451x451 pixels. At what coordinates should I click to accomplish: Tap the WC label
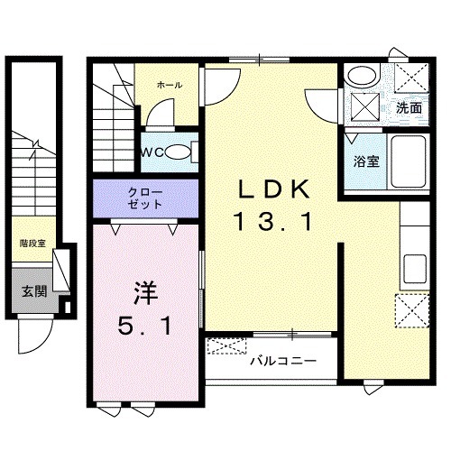tap(151, 152)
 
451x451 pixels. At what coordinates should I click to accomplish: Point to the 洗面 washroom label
tap(409, 107)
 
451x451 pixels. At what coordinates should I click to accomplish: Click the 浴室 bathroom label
tap(364, 163)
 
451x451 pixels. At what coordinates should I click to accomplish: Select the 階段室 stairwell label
tap(33, 243)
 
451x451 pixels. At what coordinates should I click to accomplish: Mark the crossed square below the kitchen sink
tap(416, 311)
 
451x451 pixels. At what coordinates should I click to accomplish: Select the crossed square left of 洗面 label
tap(364, 106)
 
